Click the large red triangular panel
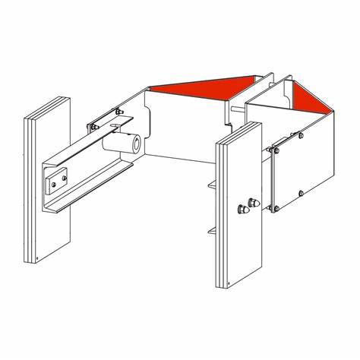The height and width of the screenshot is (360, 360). coord(205,84)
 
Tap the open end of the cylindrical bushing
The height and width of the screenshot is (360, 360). coord(134,142)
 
